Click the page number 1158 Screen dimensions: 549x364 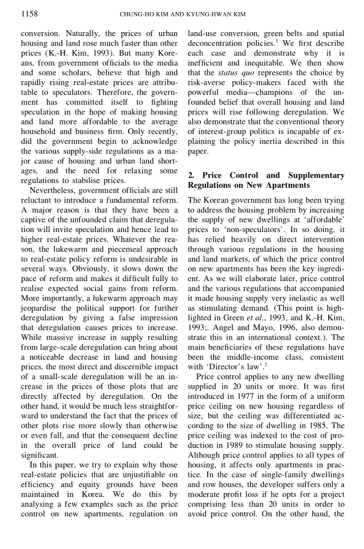coord(29,13)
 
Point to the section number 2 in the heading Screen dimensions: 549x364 coord(190,175)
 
